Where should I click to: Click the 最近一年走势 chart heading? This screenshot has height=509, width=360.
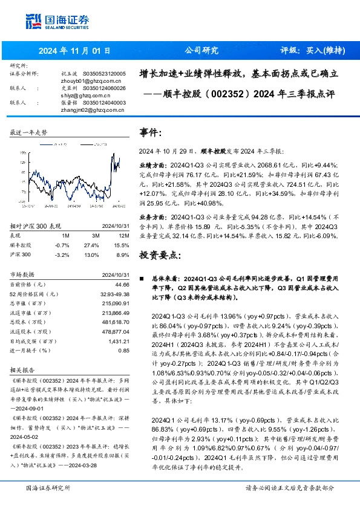coord(28,132)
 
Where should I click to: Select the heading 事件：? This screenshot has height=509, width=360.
coord(151,132)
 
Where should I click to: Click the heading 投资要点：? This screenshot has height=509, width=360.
coord(159,255)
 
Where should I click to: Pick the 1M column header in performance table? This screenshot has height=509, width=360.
coord(66,235)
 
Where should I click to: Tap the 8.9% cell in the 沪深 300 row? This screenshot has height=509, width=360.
coord(122,256)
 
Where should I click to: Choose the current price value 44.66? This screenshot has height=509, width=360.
coord(122,284)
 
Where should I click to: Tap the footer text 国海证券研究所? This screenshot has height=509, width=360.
coord(48,487)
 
